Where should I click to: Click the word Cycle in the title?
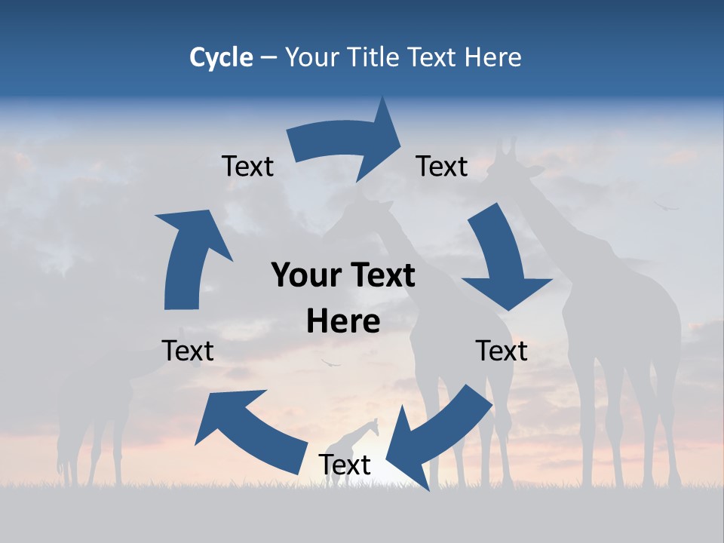pos(221,57)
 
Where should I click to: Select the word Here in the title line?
pos(492,57)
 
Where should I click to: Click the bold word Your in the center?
pos(301,276)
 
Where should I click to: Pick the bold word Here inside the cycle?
pos(343,322)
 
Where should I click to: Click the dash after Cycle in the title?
pos(268,58)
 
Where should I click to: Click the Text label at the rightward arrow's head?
pos(442,166)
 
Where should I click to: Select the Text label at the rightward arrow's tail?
pos(247,166)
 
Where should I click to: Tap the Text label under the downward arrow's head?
pos(502,351)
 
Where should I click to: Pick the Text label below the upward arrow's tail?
pos(188,351)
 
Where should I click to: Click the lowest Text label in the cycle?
pos(345,465)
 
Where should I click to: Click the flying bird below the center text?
pos(330,364)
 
